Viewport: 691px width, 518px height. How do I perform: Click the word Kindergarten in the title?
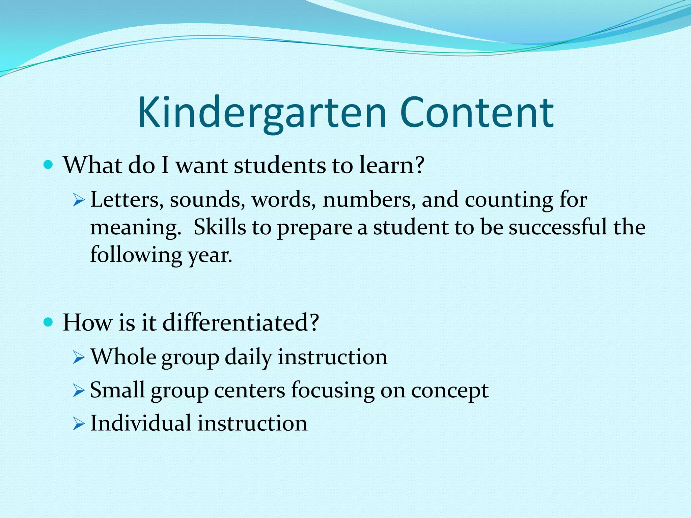pyautogui.click(x=261, y=113)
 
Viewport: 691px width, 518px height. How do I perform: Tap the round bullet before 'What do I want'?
pyautogui.click(x=49, y=165)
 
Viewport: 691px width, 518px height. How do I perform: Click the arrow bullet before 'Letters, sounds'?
pyautogui.click(x=78, y=201)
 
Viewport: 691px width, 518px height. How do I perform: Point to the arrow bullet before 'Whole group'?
pyautogui.click(x=78, y=358)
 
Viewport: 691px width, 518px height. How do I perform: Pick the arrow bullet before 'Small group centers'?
pyautogui.click(x=78, y=391)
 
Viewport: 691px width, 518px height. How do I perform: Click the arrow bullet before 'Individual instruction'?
pyautogui.click(x=78, y=424)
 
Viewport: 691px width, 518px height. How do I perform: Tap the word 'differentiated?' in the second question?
pyautogui.click(x=241, y=323)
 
